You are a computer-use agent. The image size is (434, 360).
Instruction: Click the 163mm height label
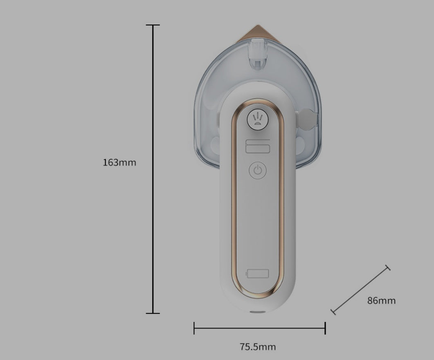(x=119, y=162)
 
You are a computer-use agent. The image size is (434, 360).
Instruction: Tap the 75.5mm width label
(x=258, y=347)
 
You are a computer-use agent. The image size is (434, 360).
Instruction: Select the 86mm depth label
(x=381, y=301)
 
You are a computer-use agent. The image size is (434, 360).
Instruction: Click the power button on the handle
(x=258, y=170)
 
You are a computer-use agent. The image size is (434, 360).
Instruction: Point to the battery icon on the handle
(x=257, y=273)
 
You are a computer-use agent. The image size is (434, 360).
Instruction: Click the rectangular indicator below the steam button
(x=258, y=146)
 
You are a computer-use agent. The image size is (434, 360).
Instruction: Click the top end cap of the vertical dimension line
(x=153, y=25)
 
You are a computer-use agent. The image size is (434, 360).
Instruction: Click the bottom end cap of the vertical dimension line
(x=153, y=313)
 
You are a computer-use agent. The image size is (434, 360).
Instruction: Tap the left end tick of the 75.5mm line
(x=194, y=328)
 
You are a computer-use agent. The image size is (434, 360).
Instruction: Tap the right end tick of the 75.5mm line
(x=325, y=328)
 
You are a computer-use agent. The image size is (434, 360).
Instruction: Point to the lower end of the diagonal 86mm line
(x=333, y=312)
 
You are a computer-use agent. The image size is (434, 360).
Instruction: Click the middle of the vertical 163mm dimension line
(x=153, y=169)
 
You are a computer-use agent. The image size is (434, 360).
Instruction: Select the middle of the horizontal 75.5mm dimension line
(x=260, y=328)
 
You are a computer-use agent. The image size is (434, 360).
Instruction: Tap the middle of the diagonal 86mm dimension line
(x=360, y=290)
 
